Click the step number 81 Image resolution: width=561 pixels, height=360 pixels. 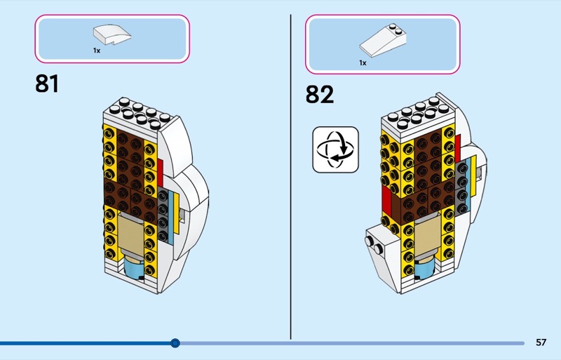tap(47, 84)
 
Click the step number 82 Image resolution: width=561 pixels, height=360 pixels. tap(320, 93)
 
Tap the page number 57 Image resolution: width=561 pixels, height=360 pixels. tap(541, 342)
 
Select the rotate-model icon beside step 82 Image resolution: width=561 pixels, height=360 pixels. tap(334, 149)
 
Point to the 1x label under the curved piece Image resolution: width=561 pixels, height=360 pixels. tap(97, 51)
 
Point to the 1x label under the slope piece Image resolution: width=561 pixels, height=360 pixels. tap(363, 62)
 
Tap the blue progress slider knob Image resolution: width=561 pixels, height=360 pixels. tap(175, 343)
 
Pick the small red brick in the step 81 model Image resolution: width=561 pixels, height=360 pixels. tap(160, 169)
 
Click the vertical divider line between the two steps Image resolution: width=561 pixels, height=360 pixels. tap(290, 175)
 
